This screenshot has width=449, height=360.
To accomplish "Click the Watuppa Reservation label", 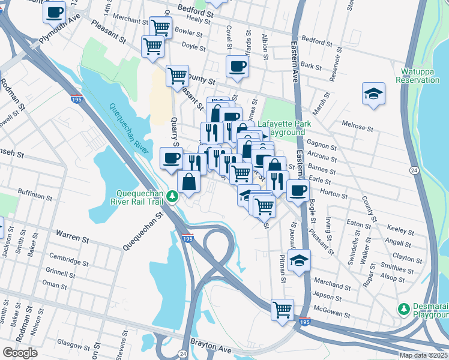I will pos(418,76).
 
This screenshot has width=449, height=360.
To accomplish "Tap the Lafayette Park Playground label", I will pos(282,128).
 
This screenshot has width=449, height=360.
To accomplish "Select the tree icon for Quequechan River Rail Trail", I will pos(172,196).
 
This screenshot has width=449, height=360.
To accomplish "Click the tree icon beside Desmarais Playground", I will pos(403,308).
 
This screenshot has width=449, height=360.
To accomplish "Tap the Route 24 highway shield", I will pos(414,172).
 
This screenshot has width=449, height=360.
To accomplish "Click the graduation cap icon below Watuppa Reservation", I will pos(373,94).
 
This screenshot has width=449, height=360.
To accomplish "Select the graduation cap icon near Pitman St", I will pos(299,260).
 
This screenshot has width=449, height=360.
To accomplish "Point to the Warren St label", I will pos(72,235).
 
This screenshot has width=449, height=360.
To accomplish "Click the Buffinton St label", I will pos(35,196).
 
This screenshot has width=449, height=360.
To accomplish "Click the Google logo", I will pos(20,353).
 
